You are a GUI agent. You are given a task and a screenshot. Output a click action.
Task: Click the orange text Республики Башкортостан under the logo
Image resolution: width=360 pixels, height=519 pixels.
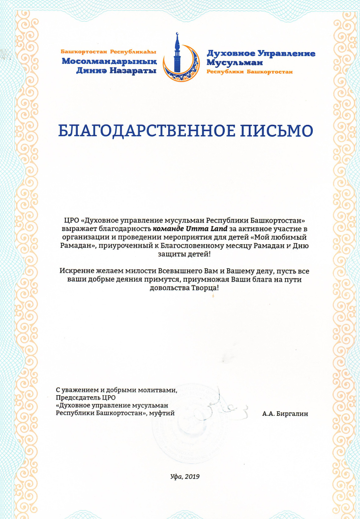tap(249, 72)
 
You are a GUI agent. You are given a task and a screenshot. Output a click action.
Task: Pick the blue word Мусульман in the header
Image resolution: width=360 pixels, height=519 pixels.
tap(235, 63)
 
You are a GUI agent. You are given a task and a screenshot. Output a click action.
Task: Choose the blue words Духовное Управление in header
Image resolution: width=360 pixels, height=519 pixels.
tap(261, 54)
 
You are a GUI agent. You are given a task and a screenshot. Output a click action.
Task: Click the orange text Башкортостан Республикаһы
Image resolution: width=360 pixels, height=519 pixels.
tap(108, 52)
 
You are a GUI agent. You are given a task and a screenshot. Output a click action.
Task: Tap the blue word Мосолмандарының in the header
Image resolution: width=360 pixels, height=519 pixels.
tap(109, 61)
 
